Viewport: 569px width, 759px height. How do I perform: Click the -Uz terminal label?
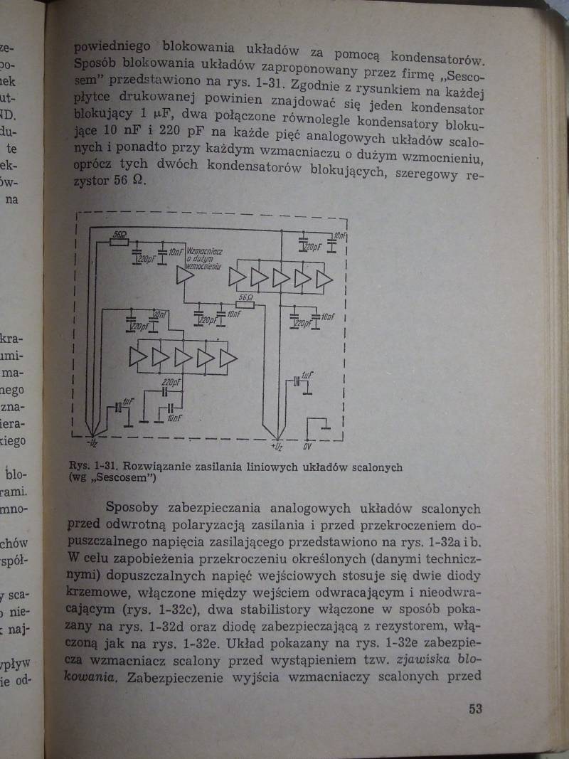92,445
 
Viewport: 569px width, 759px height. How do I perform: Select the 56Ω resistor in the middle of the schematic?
245,303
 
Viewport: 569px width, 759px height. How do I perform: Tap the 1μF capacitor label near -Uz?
127,401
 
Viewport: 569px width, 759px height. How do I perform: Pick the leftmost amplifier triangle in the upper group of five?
238,278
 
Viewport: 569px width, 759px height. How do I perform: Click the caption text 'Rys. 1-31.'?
95,467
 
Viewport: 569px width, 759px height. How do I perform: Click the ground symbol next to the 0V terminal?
325,428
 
